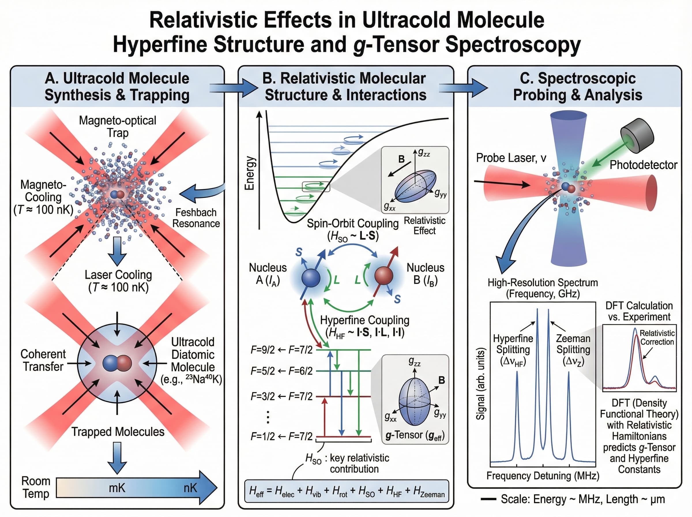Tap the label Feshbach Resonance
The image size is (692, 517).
(x=196, y=218)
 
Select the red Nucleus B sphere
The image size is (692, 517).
(x=383, y=276)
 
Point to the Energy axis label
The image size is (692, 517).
(x=249, y=173)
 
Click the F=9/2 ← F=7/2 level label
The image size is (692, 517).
(x=281, y=350)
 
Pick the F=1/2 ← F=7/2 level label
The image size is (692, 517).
(x=281, y=436)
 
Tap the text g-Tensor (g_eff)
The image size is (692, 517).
(x=415, y=435)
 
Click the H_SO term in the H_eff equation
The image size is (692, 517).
(x=366, y=491)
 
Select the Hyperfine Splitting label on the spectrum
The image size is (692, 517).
(x=513, y=350)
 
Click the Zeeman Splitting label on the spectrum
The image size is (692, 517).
(x=573, y=350)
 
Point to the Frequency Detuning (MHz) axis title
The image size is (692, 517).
(x=543, y=476)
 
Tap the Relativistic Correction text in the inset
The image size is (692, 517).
(x=657, y=337)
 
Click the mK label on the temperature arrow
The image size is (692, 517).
(x=117, y=488)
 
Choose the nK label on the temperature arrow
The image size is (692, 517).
(x=190, y=488)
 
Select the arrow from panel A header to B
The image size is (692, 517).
(x=233, y=88)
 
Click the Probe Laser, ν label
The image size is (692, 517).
(x=511, y=158)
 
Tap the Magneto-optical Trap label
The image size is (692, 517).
(x=118, y=126)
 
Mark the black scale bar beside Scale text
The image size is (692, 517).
(x=488, y=499)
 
